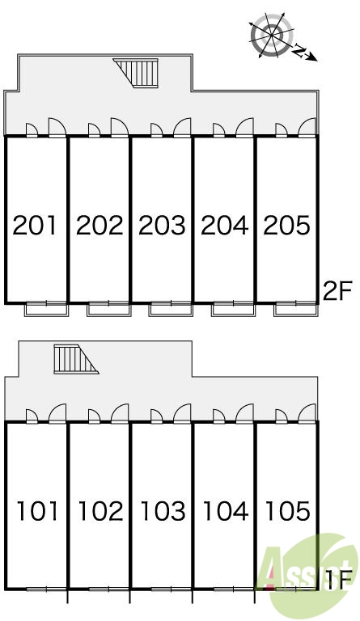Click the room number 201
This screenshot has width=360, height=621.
[35, 226]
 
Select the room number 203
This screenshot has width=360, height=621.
[162, 226]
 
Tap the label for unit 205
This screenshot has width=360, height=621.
[286, 226]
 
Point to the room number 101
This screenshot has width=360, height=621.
[38, 511]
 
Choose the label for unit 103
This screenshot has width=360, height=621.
[163, 511]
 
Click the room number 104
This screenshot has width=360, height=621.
[226, 511]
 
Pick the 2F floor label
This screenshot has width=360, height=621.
[338, 291]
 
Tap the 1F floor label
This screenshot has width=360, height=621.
[339, 580]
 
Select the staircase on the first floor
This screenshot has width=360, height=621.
[76, 359]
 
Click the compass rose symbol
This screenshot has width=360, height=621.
[273, 35]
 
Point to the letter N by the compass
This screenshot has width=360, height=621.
[301, 51]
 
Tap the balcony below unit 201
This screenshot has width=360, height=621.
[47, 309]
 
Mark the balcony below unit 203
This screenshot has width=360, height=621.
[171, 309]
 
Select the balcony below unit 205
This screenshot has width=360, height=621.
[296, 309]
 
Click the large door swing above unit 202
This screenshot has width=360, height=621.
[119, 128]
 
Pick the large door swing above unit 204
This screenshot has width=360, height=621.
[244, 128]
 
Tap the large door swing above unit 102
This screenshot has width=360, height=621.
[120, 413]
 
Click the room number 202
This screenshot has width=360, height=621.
[100, 226]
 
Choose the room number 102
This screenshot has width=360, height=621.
[100, 511]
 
